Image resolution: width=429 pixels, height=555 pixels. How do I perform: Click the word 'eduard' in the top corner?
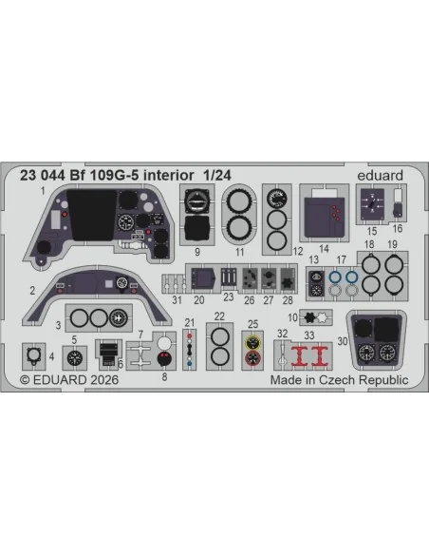coord(380,175)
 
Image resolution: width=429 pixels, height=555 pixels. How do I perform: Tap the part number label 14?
coord(324,249)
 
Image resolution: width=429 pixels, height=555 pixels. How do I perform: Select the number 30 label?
coord(343,341)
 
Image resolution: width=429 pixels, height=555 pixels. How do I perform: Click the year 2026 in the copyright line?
coord(104,380)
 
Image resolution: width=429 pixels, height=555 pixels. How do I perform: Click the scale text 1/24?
coord(217,175)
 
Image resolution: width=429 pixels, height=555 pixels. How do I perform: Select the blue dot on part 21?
coord(190,364)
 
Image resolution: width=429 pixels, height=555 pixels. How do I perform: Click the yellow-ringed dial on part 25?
coord(252,342)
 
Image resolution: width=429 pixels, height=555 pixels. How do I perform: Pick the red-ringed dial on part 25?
coord(252,358)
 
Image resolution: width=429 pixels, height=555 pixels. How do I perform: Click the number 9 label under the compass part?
coord(197,252)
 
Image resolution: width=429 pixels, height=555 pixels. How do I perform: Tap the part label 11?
coord(239,252)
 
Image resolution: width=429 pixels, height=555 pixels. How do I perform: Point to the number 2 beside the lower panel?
coord(32,291)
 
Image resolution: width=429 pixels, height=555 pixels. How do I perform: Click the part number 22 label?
coord(219,316)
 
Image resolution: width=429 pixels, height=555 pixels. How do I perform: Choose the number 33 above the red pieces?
coord(309,335)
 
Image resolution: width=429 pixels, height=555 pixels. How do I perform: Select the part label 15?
coord(372,231)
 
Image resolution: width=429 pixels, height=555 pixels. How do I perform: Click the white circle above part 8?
coord(164,343)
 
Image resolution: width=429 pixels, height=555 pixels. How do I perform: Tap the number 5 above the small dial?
coord(74,340)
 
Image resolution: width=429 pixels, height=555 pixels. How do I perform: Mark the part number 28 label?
coord(288,300)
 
